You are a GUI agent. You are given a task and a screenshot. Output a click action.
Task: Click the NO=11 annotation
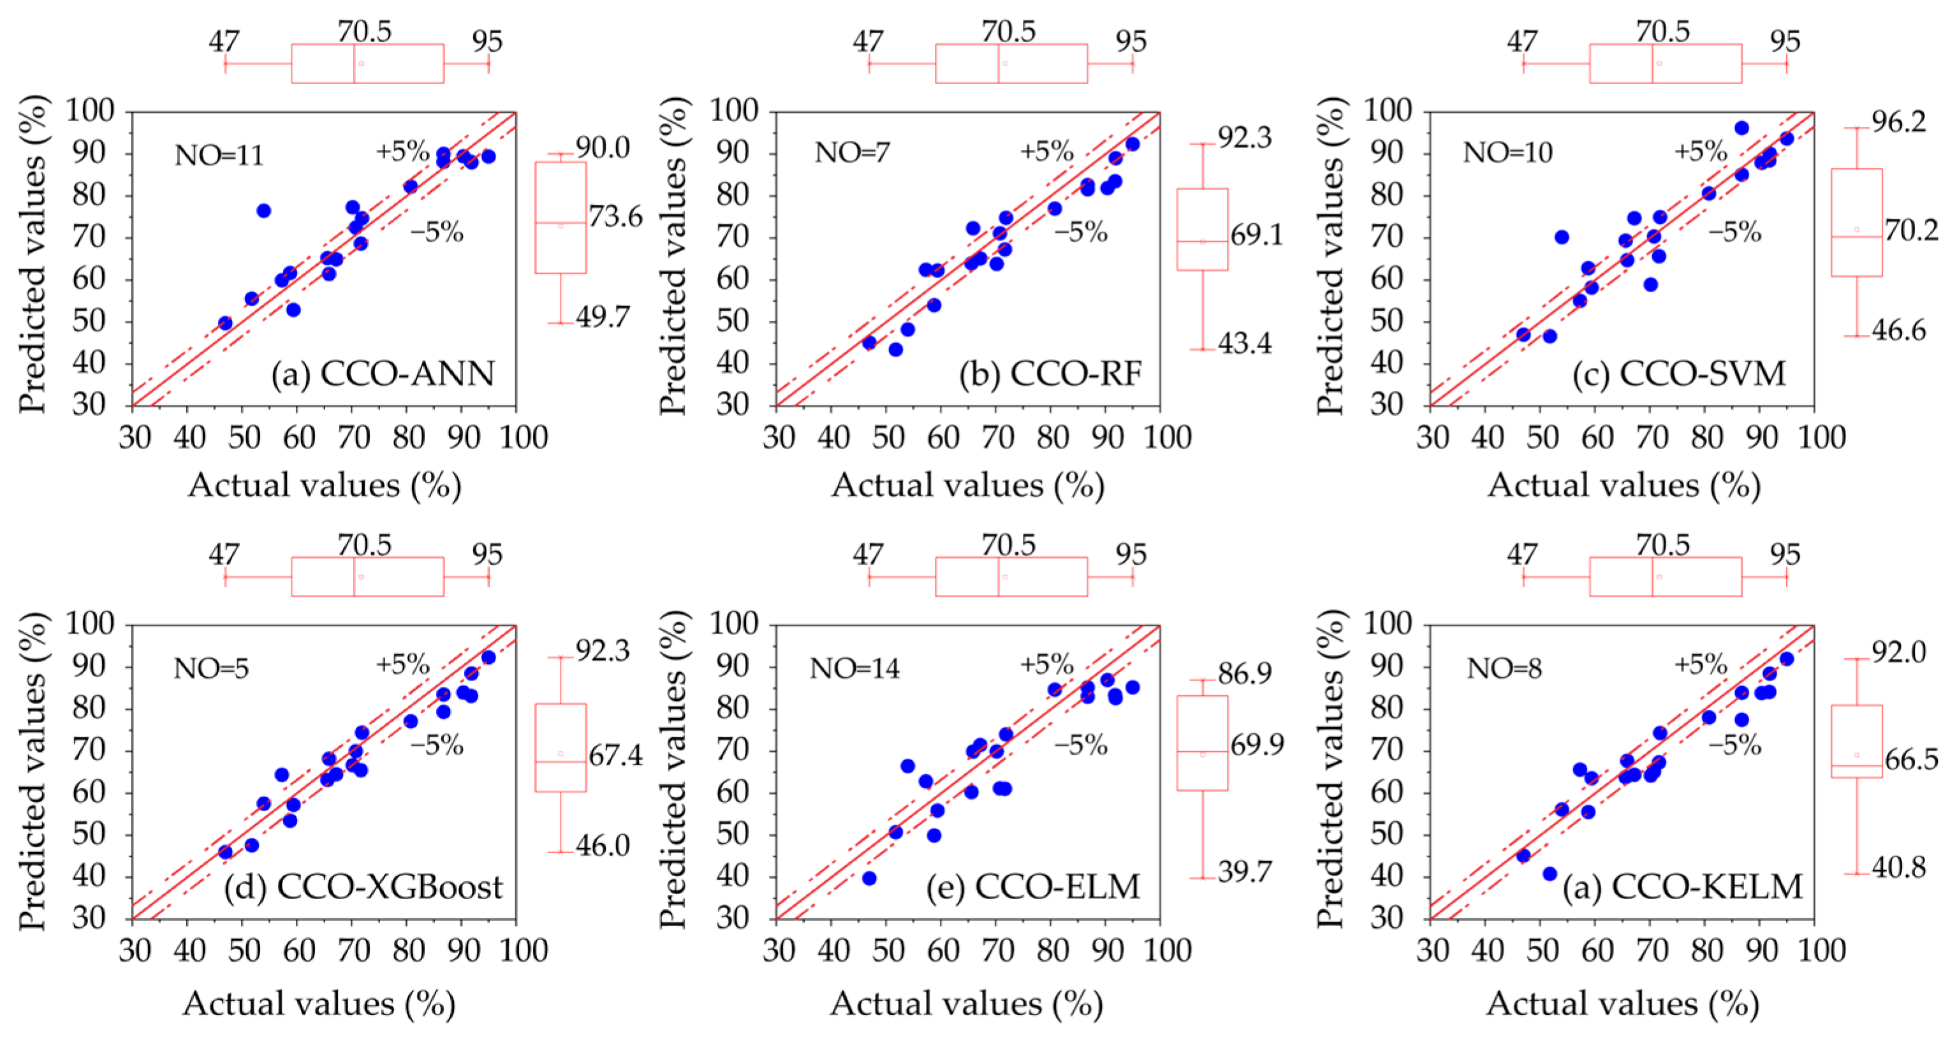219,156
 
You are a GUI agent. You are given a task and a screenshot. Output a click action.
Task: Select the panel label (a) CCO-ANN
384,374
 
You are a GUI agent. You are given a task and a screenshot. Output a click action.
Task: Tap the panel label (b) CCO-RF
1051,374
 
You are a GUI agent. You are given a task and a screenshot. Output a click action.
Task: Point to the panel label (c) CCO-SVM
1680,374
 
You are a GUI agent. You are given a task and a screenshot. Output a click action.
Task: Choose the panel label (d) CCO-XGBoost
363,886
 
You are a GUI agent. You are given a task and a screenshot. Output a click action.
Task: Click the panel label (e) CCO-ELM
1033,886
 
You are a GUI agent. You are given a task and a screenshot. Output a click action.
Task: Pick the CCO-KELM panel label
1683,886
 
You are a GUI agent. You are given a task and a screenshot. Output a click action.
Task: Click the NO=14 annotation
854,668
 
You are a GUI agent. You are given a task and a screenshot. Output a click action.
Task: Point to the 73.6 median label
615,217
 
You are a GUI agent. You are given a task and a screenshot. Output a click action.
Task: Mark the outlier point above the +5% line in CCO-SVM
1742,128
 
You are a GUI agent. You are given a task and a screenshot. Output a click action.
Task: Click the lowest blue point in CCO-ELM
869,878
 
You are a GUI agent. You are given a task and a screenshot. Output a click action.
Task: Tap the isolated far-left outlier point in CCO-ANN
263,210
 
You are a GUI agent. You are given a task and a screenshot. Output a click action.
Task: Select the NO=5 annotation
211,668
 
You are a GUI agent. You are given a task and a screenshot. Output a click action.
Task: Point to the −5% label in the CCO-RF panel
1080,231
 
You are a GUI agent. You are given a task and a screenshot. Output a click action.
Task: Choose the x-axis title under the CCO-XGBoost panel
319,1004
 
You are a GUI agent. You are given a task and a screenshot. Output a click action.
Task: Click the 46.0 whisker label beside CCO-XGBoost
603,846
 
